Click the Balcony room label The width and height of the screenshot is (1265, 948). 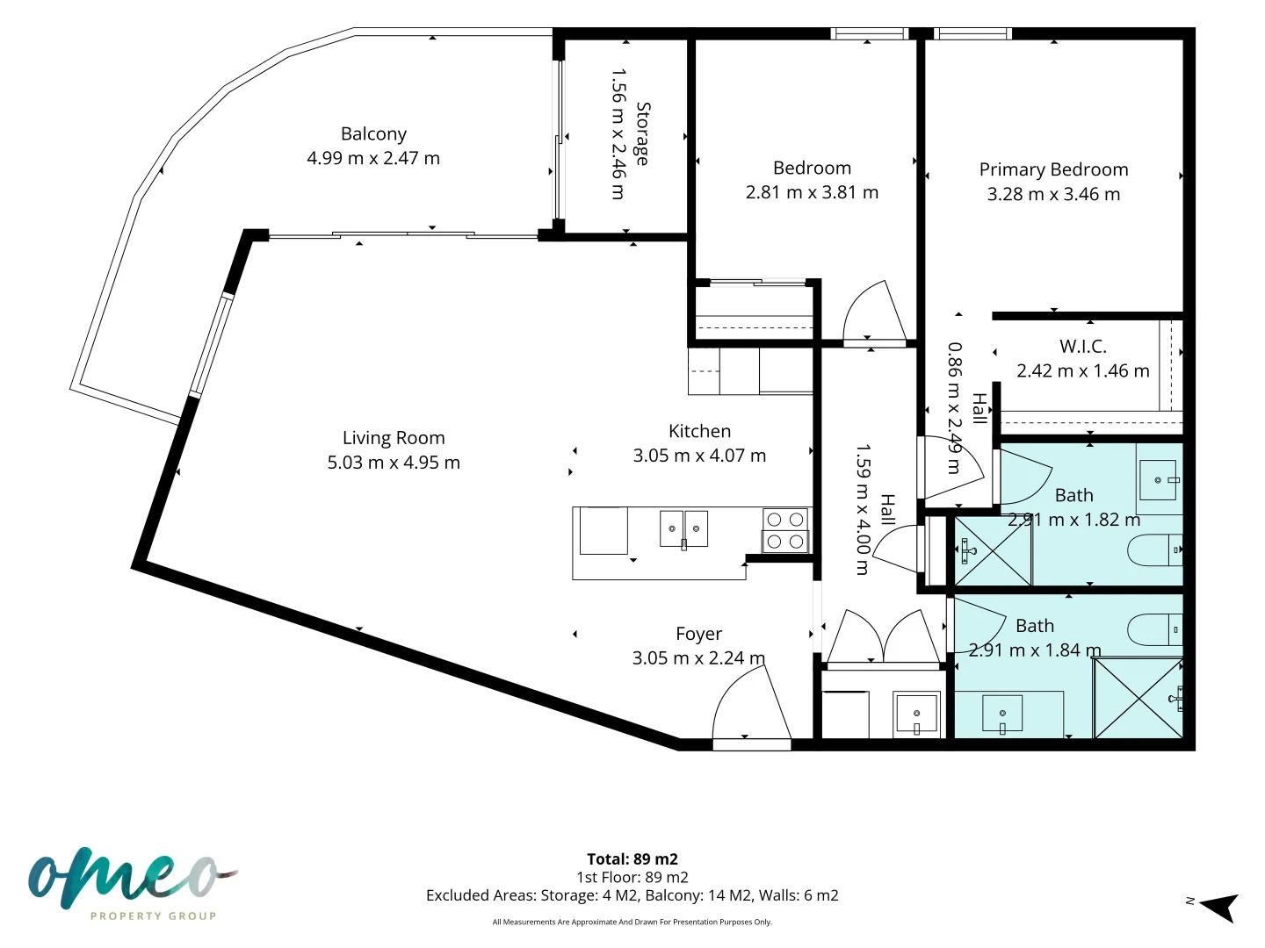(373, 134)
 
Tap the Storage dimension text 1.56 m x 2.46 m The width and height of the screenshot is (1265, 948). (618, 134)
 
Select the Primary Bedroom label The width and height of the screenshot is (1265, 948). (1053, 169)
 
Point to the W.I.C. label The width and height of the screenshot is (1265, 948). (1083, 347)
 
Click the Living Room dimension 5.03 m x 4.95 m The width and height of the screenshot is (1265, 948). (394, 463)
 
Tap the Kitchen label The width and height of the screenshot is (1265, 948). (699, 431)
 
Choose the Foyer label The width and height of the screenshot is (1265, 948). (698, 634)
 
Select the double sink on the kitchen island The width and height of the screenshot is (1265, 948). (683, 529)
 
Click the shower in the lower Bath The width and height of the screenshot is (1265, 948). (1138, 698)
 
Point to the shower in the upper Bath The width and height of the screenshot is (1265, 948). (993, 551)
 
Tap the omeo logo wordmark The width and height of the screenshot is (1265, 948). (133, 879)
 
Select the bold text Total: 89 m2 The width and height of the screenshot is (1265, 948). (632, 859)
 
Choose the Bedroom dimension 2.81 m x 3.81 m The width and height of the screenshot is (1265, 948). (812, 192)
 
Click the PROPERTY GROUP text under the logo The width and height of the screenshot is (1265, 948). (154, 916)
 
